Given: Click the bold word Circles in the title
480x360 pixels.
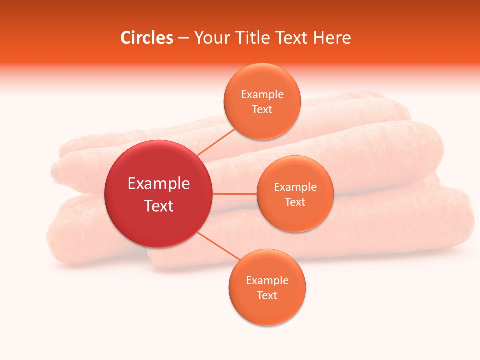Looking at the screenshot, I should pos(147,38).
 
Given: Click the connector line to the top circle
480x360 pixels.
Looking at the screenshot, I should pos(216,142).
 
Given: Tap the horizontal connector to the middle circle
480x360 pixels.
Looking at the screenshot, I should pos(234,194).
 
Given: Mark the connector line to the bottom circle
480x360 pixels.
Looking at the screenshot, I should pos(220,246).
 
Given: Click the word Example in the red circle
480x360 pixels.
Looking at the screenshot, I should pos(159,184).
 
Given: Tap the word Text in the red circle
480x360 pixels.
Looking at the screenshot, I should pos(159,206).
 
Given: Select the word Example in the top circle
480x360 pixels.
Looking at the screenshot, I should pos(262,94).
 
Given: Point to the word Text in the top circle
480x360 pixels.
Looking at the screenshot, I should pos(262,109).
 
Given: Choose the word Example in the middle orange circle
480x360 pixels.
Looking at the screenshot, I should pos(295,187).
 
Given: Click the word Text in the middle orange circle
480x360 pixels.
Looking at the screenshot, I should pos(295,202).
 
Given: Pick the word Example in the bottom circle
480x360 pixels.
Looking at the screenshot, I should pos(267,280).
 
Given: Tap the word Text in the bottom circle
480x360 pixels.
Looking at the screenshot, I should pos(267,295).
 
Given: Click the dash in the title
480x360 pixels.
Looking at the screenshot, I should pos(183,38).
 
